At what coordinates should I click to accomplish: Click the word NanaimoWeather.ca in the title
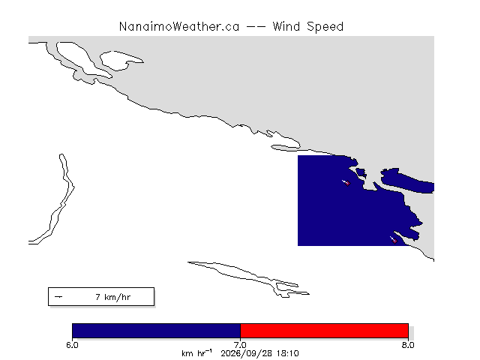179,27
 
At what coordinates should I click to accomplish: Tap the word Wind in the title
286,26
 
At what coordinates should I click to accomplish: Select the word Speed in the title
325,27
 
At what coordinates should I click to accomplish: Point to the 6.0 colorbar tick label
72,345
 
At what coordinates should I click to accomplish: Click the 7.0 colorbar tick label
240,345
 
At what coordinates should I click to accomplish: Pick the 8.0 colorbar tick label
408,345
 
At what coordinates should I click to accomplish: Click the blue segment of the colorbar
157,331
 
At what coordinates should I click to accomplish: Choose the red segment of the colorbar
325,331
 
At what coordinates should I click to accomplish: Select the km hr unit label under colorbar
196,353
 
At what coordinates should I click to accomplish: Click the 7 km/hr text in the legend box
113,297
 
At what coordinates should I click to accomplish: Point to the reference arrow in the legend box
58,297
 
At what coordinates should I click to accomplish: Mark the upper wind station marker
347,183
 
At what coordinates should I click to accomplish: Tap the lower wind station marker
394,241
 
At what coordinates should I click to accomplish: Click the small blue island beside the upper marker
361,173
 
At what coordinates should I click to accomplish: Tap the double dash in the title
256,27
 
